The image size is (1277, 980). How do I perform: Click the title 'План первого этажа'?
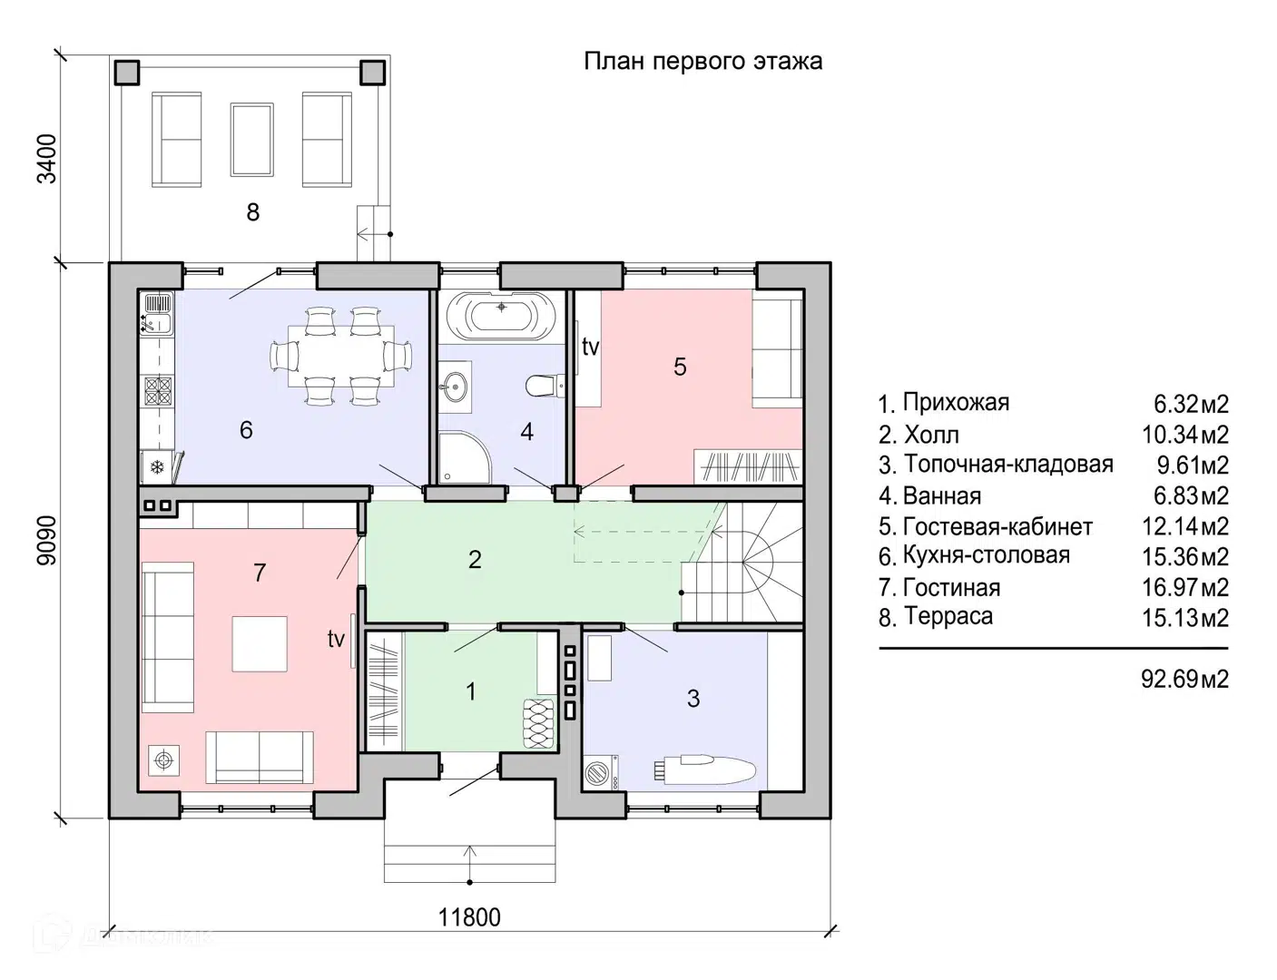click(x=702, y=61)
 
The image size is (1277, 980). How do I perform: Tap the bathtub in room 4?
click(x=501, y=315)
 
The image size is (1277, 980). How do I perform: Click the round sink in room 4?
click(x=455, y=387)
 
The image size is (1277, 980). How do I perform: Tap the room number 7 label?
click(x=260, y=573)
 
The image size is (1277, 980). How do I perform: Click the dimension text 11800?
click(x=469, y=917)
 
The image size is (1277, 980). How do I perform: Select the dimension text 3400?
click(x=46, y=159)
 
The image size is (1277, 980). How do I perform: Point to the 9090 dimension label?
click(x=46, y=541)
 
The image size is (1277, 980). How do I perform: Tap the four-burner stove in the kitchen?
click(x=158, y=391)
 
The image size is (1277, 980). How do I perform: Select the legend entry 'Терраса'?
click(x=948, y=617)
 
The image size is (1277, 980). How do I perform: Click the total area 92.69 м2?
click(x=1184, y=678)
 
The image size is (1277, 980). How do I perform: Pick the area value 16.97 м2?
click(x=1184, y=587)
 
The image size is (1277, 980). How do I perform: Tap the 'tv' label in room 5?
click(x=590, y=347)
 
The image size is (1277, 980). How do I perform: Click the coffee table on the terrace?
click(x=252, y=139)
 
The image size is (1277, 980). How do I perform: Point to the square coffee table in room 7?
click(x=259, y=643)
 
